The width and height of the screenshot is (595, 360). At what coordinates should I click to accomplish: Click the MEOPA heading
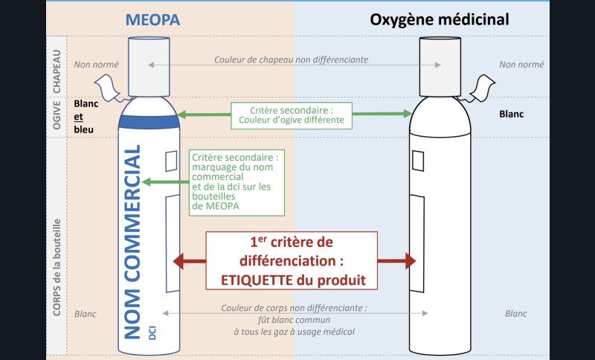[152, 19]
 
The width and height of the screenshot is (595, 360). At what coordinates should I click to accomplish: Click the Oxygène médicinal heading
[440, 19]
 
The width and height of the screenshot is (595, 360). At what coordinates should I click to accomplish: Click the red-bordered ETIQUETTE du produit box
[292, 260]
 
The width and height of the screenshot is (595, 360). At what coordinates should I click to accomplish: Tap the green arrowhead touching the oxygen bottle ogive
[408, 114]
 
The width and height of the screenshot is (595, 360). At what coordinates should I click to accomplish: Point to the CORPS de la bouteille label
[57, 268]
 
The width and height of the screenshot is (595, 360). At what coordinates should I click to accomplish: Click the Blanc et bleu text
[86, 116]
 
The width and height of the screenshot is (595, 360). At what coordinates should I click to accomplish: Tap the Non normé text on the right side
[517, 64]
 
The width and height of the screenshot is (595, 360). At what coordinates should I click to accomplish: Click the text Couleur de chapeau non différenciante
[291, 60]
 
